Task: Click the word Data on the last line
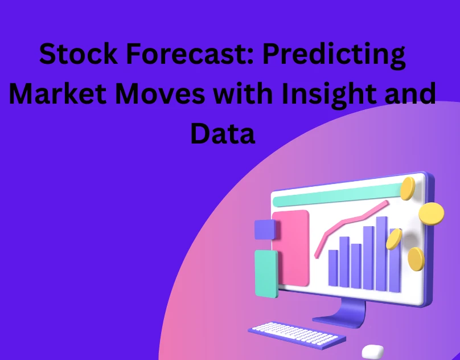pyautogui.click(x=223, y=133)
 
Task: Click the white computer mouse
pyautogui.click(x=372, y=351)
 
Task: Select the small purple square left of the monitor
pyautogui.click(x=265, y=229)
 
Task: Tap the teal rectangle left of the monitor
pyautogui.click(x=266, y=273)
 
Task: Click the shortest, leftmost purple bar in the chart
pyautogui.click(x=332, y=268)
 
